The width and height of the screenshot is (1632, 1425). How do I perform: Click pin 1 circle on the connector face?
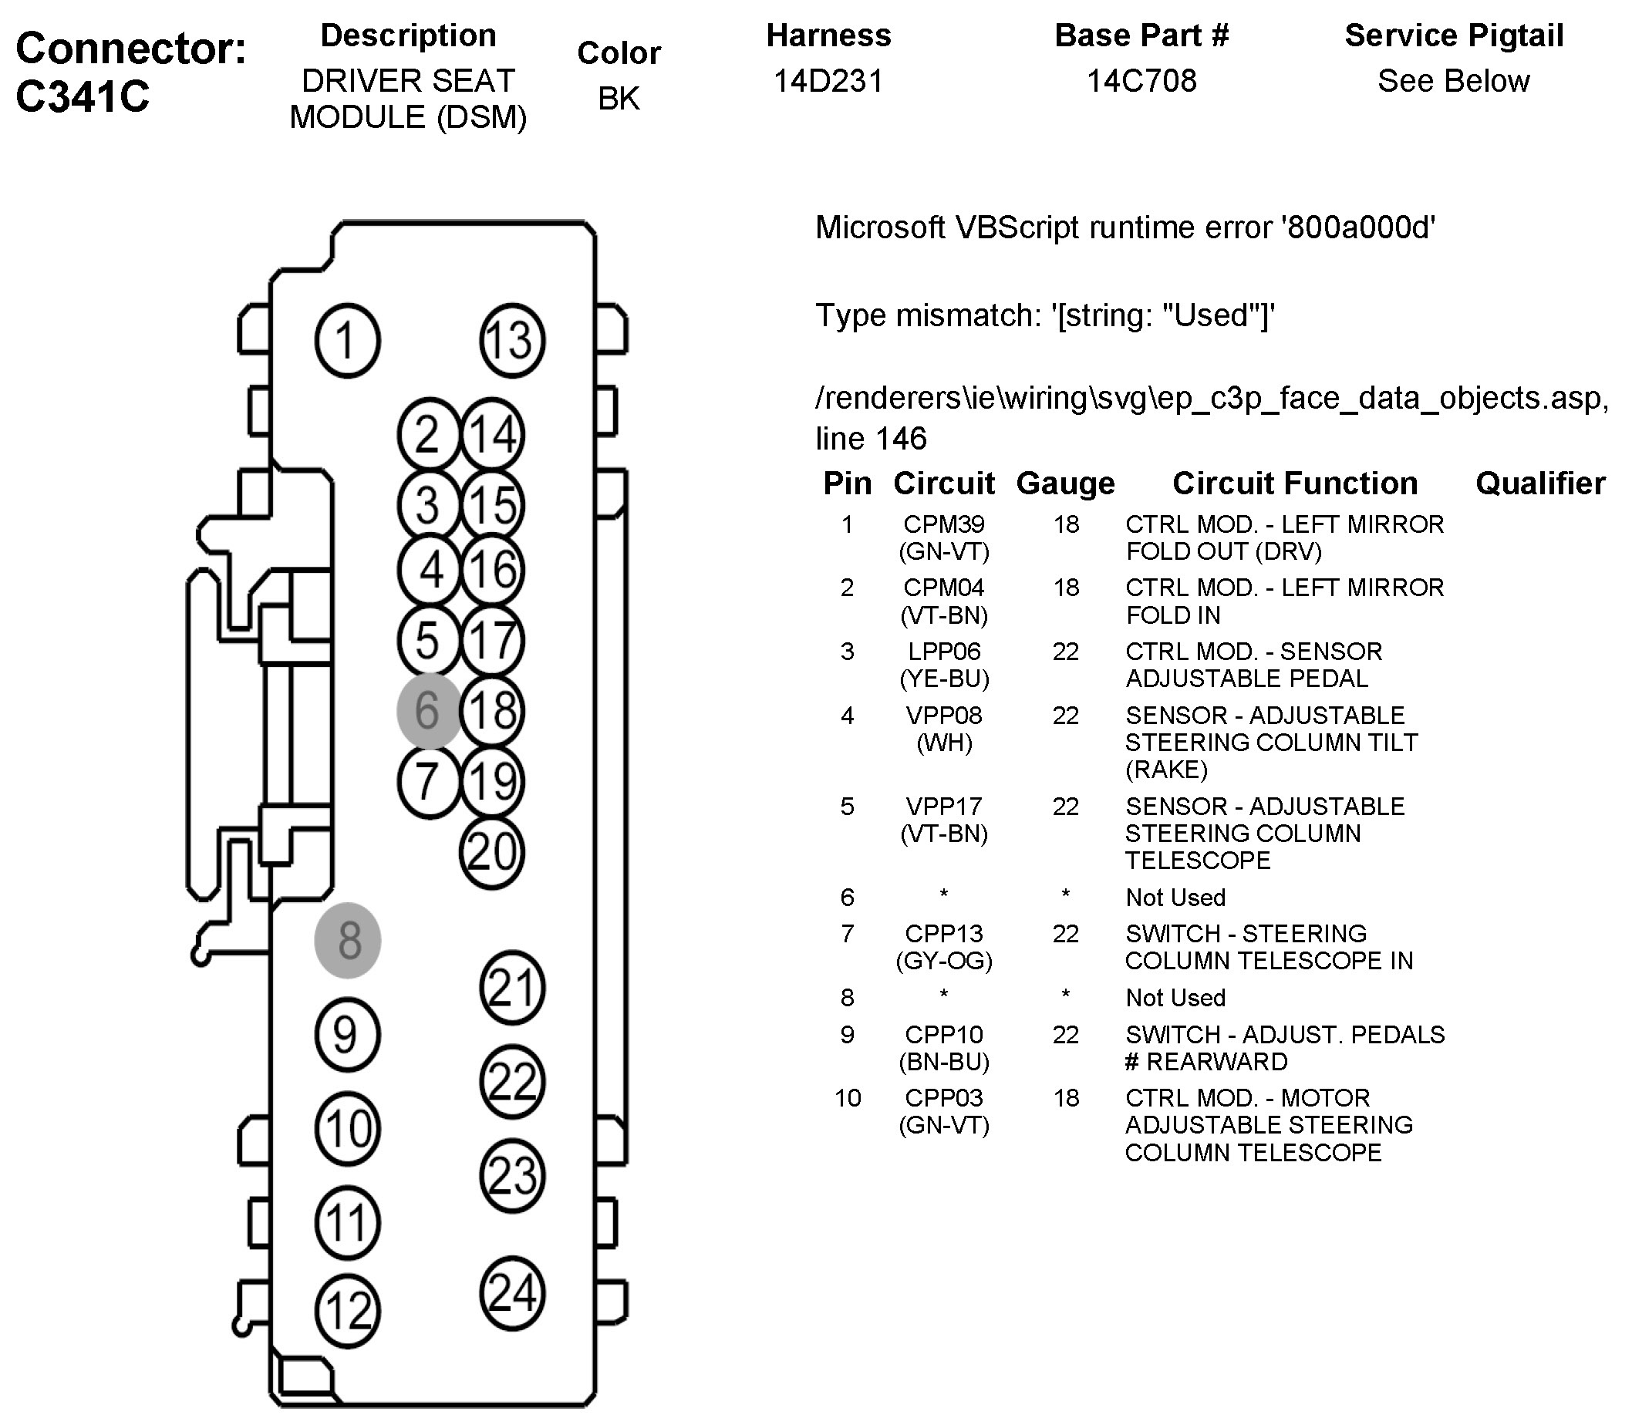coord(348,340)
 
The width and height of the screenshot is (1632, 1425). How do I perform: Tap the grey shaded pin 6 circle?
coord(429,711)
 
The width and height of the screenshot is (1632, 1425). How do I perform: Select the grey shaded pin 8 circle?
coord(348,940)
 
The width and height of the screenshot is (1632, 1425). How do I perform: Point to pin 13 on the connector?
coord(512,340)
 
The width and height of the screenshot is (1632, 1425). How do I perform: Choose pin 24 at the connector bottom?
coord(512,1293)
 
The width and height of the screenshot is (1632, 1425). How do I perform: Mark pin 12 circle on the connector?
coord(348,1311)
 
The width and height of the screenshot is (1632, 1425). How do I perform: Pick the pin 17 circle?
coord(492,641)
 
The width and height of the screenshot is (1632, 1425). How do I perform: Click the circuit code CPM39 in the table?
coord(943,525)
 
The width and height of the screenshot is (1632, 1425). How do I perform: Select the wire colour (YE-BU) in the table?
coord(944,679)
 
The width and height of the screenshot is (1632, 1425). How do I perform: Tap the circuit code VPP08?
coord(944,716)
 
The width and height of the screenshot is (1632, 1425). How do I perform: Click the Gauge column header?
coord(1065,483)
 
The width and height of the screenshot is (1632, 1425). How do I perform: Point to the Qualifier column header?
coord(1539,483)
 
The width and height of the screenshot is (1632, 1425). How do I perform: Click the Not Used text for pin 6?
coord(1175,898)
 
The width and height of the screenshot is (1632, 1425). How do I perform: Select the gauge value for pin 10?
coord(1066,1098)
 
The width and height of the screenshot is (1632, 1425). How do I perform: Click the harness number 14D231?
coord(828,81)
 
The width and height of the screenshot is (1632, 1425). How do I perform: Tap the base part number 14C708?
coord(1141,81)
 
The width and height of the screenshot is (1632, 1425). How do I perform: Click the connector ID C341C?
coord(83,97)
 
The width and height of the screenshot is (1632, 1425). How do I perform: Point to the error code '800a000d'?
coord(1359,228)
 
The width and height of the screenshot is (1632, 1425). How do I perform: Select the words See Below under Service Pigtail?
coord(1453,81)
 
